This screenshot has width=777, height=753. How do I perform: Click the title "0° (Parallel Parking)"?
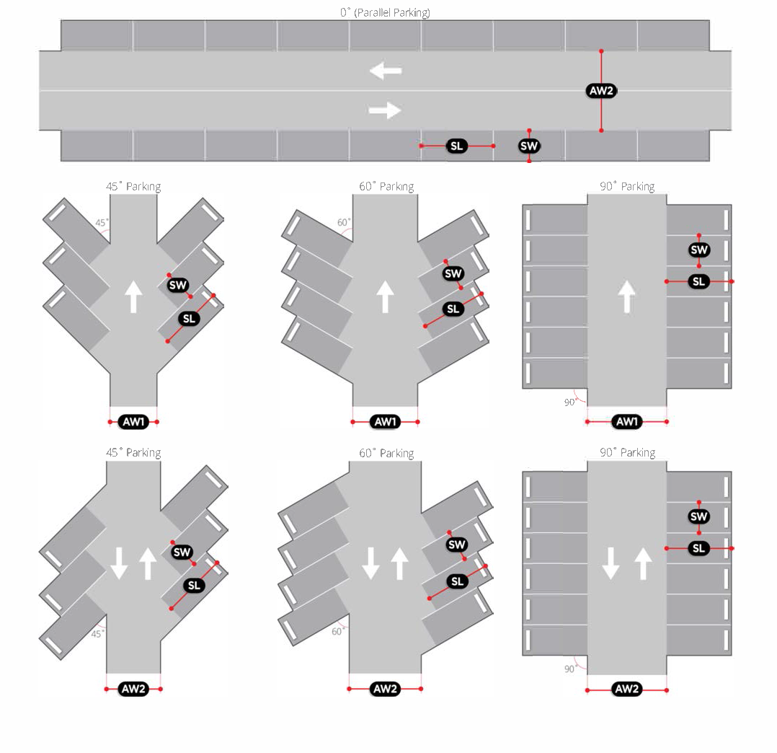[386, 12]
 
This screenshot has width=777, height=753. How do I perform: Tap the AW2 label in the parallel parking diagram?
[601, 91]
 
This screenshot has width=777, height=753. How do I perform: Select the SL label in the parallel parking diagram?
[457, 146]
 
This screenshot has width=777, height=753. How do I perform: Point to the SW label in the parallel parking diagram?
[529, 146]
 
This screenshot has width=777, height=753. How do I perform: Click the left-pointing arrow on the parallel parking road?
[386, 71]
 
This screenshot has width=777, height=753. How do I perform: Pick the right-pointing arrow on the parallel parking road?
[386, 110]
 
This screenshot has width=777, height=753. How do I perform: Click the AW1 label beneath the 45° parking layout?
[133, 421]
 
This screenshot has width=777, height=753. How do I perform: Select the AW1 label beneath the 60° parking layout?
[386, 421]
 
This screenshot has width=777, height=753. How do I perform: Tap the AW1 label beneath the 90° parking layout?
[626, 421]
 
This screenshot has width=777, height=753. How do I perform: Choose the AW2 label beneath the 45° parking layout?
[133, 689]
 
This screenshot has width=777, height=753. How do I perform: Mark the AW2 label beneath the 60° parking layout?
[386, 689]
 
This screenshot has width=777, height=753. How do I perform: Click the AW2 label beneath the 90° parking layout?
[626, 690]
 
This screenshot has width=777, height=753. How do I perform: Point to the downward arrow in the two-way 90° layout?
[611, 563]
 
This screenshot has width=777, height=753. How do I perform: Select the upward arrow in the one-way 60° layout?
[385, 296]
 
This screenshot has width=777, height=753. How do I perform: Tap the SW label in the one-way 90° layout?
[699, 250]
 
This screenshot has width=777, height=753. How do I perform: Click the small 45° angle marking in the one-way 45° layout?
[102, 223]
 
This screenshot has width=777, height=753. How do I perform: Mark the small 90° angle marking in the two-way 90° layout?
[569, 669]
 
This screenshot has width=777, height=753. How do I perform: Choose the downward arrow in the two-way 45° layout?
[120, 563]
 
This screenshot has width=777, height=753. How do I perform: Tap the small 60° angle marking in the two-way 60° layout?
[337, 631]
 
